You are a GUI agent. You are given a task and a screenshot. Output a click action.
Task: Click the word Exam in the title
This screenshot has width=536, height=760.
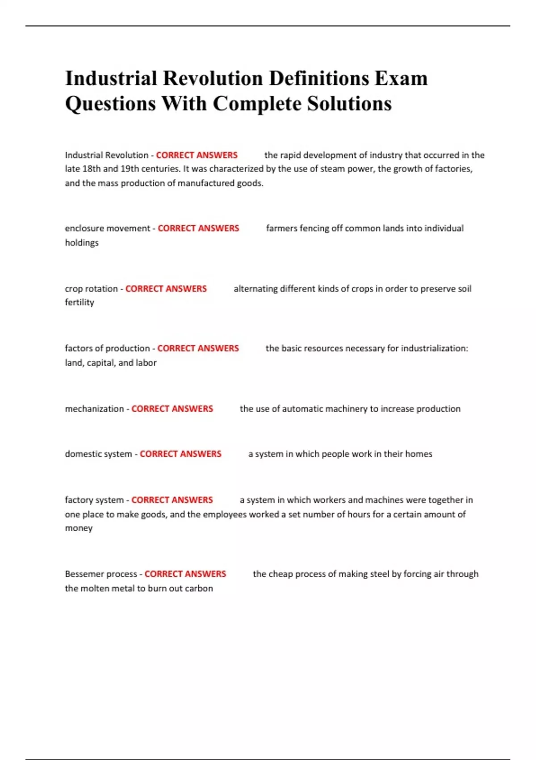pos(401,79)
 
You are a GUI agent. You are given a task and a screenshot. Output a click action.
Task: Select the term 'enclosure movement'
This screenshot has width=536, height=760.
pos(107,228)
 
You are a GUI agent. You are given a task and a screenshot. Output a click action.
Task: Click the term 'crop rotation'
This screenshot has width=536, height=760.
pos(91,289)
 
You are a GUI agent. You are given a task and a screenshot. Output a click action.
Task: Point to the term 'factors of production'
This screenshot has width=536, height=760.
pos(107,348)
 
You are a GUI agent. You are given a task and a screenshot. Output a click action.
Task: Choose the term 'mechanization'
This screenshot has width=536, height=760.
pos(94,409)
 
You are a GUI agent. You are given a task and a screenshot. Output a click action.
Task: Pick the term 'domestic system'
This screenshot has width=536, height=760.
pos(98,454)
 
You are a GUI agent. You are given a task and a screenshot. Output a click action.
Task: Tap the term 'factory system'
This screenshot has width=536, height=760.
pos(94,500)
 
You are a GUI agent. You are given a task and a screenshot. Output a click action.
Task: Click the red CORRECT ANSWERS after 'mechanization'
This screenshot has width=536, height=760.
pos(172,409)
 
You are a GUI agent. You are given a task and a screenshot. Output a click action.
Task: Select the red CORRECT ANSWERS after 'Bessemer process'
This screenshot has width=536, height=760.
pos(185,574)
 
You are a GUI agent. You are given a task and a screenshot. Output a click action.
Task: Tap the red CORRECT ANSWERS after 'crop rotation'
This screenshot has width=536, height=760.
pos(166,289)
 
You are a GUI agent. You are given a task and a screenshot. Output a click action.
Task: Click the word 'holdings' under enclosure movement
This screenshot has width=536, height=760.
pos(82,243)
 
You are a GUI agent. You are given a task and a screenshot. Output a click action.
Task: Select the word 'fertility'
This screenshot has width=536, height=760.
pos(80,303)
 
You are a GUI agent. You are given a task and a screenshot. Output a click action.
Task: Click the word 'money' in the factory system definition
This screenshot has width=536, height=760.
pos(79,528)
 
